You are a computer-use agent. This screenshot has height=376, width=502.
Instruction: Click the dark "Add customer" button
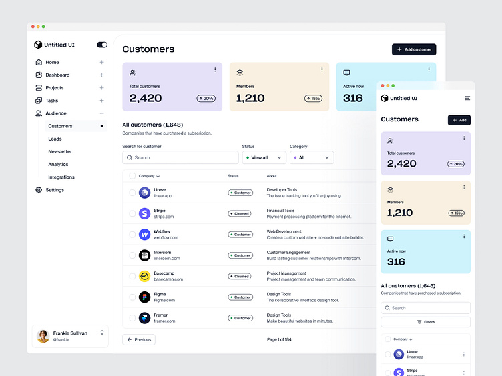(414, 49)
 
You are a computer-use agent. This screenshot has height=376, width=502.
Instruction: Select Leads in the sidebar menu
(55, 139)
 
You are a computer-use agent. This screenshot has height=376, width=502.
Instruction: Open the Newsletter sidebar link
(60, 151)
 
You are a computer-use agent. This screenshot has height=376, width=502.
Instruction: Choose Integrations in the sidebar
(61, 177)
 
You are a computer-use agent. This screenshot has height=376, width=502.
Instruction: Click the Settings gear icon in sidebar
(39, 190)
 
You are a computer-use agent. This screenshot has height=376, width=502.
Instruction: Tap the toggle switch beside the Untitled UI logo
(102, 45)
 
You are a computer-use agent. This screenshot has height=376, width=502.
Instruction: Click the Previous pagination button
(139, 339)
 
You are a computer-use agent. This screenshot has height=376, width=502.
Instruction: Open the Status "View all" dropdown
(264, 157)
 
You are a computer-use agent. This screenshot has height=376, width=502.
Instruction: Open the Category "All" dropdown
(312, 157)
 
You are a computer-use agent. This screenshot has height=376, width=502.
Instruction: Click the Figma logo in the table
(145, 297)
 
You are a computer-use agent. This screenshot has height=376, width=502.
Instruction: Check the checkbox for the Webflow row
(132, 235)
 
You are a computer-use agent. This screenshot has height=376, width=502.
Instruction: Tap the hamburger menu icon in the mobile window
(467, 98)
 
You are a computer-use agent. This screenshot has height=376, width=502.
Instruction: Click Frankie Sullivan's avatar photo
(43, 336)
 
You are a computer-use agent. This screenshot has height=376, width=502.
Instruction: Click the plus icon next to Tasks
(102, 101)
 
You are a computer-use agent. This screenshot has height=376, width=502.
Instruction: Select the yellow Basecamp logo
(145, 276)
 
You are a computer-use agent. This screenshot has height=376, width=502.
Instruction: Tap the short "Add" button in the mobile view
(459, 120)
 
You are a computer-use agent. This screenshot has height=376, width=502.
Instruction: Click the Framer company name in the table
(160, 315)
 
